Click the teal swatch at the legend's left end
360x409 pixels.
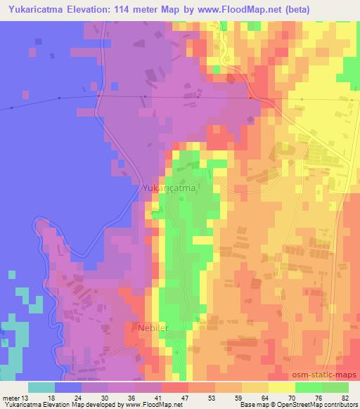pyautogui.click(x=41, y=387)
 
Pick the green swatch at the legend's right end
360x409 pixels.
pyautogui.click(x=335, y=387)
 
